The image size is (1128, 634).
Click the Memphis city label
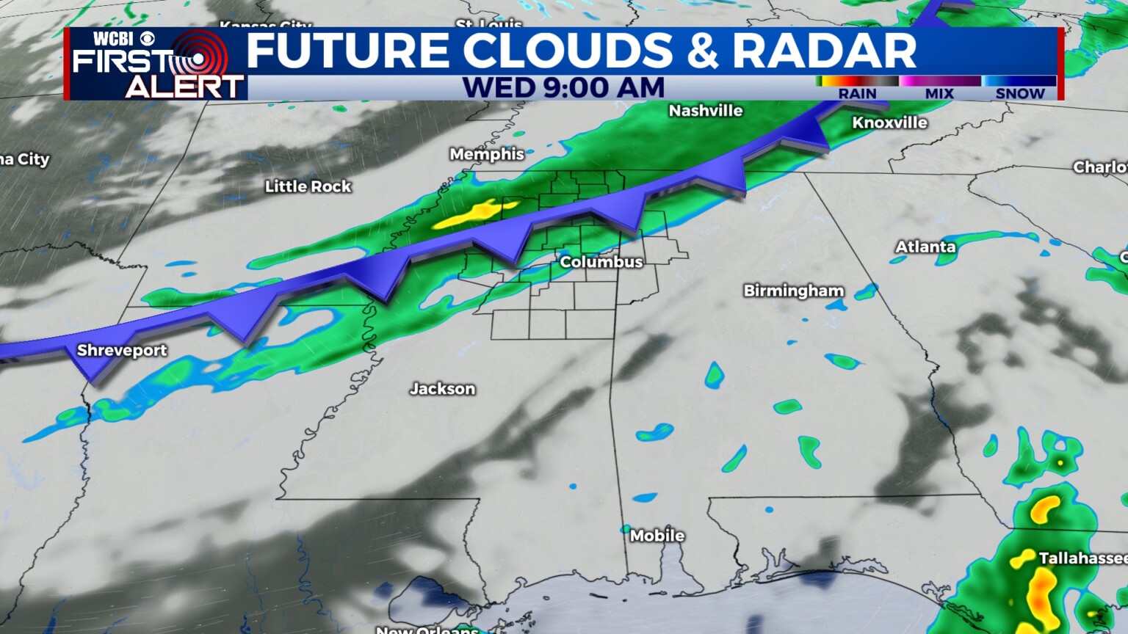tap(487, 154)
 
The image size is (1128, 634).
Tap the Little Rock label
tap(308, 186)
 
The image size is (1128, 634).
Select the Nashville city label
tap(705, 111)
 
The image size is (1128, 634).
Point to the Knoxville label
tap(889, 123)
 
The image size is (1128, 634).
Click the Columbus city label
tap(601, 262)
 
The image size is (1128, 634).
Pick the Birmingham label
tap(793, 291)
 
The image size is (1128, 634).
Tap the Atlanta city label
tap(925, 247)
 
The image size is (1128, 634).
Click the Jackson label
tap(442, 389)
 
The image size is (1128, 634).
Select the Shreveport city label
tap(122, 350)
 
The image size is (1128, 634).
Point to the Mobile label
tap(657, 536)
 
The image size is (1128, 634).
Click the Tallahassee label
tap(1082, 558)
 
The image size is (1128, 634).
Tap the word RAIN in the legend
tap(857, 94)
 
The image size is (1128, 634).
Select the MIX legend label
tap(939, 94)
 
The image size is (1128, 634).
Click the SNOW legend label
tap(1019, 94)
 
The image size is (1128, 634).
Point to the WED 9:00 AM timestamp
tap(563, 88)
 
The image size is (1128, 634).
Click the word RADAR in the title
tap(824, 51)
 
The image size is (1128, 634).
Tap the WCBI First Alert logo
tap(156, 65)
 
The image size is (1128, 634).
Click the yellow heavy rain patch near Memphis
tap(471, 214)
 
